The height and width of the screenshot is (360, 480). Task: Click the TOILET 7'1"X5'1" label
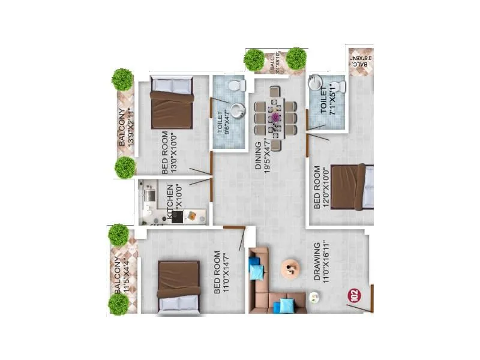(328, 100)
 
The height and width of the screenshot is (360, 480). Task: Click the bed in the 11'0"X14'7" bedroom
(178, 286)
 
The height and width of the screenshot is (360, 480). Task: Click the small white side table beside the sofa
(313, 297)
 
